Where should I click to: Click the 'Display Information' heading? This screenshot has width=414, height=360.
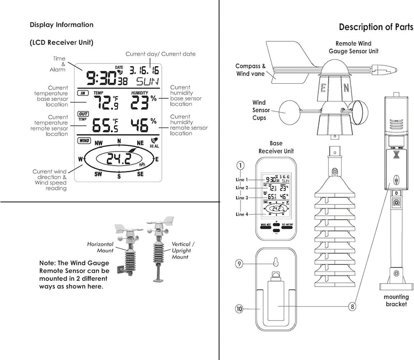tap(62, 25)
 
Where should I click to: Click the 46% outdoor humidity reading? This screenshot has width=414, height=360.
tap(145, 125)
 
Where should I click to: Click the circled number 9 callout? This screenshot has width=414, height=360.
tap(240, 263)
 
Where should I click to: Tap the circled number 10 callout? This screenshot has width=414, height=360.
tap(240, 309)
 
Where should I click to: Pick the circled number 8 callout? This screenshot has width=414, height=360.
tap(352, 306)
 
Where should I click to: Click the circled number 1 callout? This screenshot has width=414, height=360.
tap(240, 166)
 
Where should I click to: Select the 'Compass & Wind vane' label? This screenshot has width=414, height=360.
tap(250, 70)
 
